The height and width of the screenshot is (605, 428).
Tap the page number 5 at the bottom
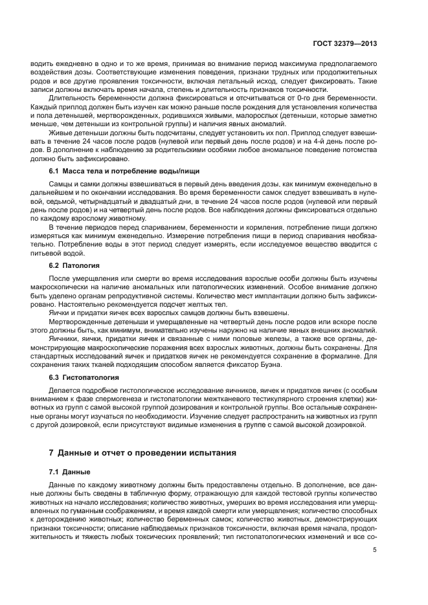tap(375, 550)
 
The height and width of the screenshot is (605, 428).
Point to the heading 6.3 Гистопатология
tap(84, 377)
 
